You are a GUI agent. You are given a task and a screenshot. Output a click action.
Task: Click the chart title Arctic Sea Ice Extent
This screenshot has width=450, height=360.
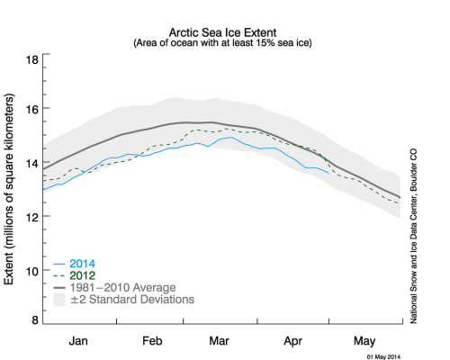pyautogui.click(x=220, y=30)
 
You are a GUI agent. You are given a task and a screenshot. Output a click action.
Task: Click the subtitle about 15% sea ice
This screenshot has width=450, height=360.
pyautogui.click(x=220, y=42)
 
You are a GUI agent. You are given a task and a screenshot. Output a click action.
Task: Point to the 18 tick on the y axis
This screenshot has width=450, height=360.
pyautogui.click(x=31, y=59)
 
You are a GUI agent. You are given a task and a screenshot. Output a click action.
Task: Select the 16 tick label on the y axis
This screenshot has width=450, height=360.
pyautogui.click(x=31, y=110)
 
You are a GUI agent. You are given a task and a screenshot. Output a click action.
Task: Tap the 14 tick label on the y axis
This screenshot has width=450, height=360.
pyautogui.click(x=31, y=163)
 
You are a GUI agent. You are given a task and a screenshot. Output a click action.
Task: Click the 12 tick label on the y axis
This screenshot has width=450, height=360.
pyautogui.click(x=31, y=217)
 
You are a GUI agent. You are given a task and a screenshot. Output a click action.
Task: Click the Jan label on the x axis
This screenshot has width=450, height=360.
pyautogui.click(x=78, y=341)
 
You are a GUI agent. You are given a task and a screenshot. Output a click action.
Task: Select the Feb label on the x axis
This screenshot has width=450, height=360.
pyautogui.click(x=151, y=341)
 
